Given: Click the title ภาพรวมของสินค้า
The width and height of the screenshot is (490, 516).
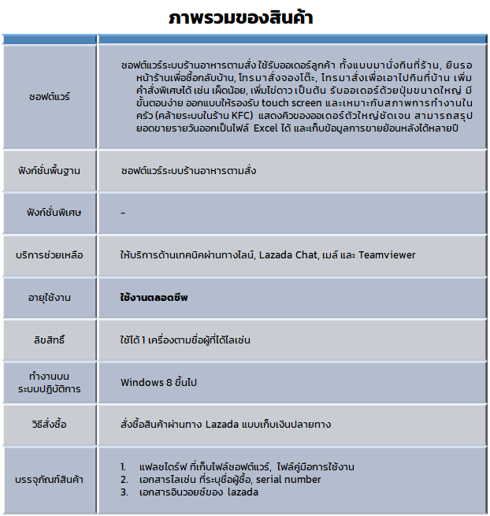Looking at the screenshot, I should [x=245, y=18].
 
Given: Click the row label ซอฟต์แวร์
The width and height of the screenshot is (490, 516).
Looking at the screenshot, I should [x=49, y=97].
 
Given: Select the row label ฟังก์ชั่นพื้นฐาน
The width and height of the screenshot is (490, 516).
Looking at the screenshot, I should [x=49, y=170].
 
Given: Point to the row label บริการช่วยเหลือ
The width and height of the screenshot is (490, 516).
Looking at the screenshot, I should [x=49, y=255].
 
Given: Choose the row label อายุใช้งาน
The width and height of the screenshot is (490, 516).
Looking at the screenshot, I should [x=49, y=298].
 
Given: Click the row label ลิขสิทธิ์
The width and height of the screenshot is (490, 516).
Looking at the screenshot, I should [x=49, y=340].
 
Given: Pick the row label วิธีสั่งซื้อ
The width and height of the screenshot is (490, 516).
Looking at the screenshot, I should [x=49, y=425].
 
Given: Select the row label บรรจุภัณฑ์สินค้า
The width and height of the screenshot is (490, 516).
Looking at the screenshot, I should [x=49, y=480].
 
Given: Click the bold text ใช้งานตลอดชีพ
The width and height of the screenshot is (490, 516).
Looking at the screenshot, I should [x=154, y=298].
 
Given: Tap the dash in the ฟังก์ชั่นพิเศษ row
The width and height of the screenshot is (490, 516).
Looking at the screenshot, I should [x=123, y=213].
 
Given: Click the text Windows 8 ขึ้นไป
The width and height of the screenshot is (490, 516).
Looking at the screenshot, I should [x=158, y=382].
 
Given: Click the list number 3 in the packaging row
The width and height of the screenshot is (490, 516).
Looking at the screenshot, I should [x=124, y=492].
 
